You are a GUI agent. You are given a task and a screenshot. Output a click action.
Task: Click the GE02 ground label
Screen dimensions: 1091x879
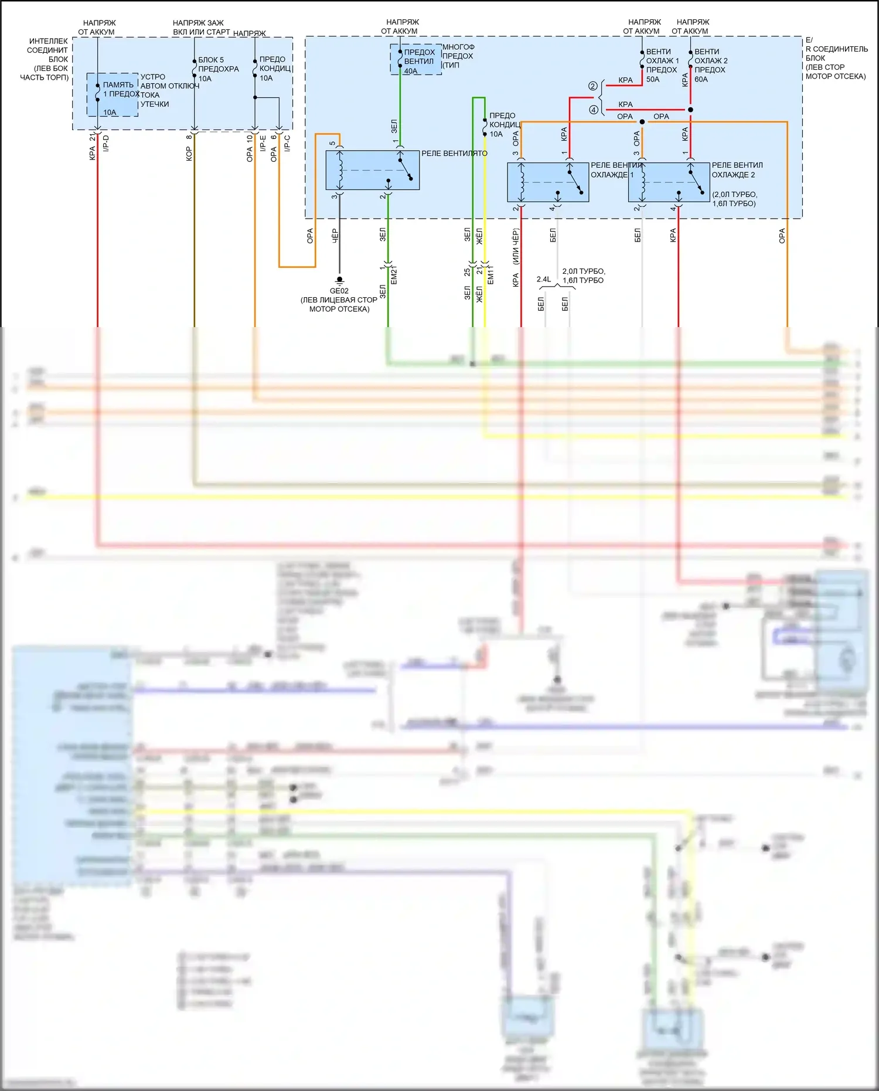pos(339,291)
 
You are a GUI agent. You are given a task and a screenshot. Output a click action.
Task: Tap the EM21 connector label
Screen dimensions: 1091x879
pos(394,275)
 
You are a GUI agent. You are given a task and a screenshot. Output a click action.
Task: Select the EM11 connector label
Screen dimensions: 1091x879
pos(490,275)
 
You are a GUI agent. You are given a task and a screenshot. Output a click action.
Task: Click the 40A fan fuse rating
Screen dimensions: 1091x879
pos(411,71)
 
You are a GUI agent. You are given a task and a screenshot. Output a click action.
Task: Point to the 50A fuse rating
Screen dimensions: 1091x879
pos(653,79)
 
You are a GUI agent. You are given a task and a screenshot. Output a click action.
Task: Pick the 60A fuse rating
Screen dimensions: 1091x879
pos(701,79)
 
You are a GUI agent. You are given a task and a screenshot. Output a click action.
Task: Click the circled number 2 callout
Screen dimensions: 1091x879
pos(593,86)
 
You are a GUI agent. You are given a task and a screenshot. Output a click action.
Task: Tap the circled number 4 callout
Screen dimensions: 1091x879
pos(593,110)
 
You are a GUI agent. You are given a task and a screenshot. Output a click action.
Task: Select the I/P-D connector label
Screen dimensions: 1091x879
pos(106,143)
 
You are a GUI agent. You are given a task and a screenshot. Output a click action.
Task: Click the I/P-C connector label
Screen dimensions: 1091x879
pos(287,143)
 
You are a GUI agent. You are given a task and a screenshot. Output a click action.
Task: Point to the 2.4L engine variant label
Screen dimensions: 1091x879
pos(544,279)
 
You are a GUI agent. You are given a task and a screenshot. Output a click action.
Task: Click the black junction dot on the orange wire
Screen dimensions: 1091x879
pos(642,122)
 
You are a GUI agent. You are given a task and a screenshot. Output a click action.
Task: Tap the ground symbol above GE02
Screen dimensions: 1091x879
pos(339,280)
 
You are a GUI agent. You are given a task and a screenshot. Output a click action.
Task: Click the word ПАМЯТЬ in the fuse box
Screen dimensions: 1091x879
pos(118,85)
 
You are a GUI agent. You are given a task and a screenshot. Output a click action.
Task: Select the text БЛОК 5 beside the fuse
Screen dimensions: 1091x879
pos(211,60)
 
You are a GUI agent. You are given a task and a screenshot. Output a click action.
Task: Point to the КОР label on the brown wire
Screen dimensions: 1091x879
pos(189,154)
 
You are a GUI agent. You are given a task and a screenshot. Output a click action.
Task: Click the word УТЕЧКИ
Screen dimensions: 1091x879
pos(155,104)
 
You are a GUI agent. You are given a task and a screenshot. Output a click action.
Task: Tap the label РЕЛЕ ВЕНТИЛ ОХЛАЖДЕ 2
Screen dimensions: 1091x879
pos(737,170)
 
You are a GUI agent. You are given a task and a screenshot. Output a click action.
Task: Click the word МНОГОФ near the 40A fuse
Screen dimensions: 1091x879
pos(458,47)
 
